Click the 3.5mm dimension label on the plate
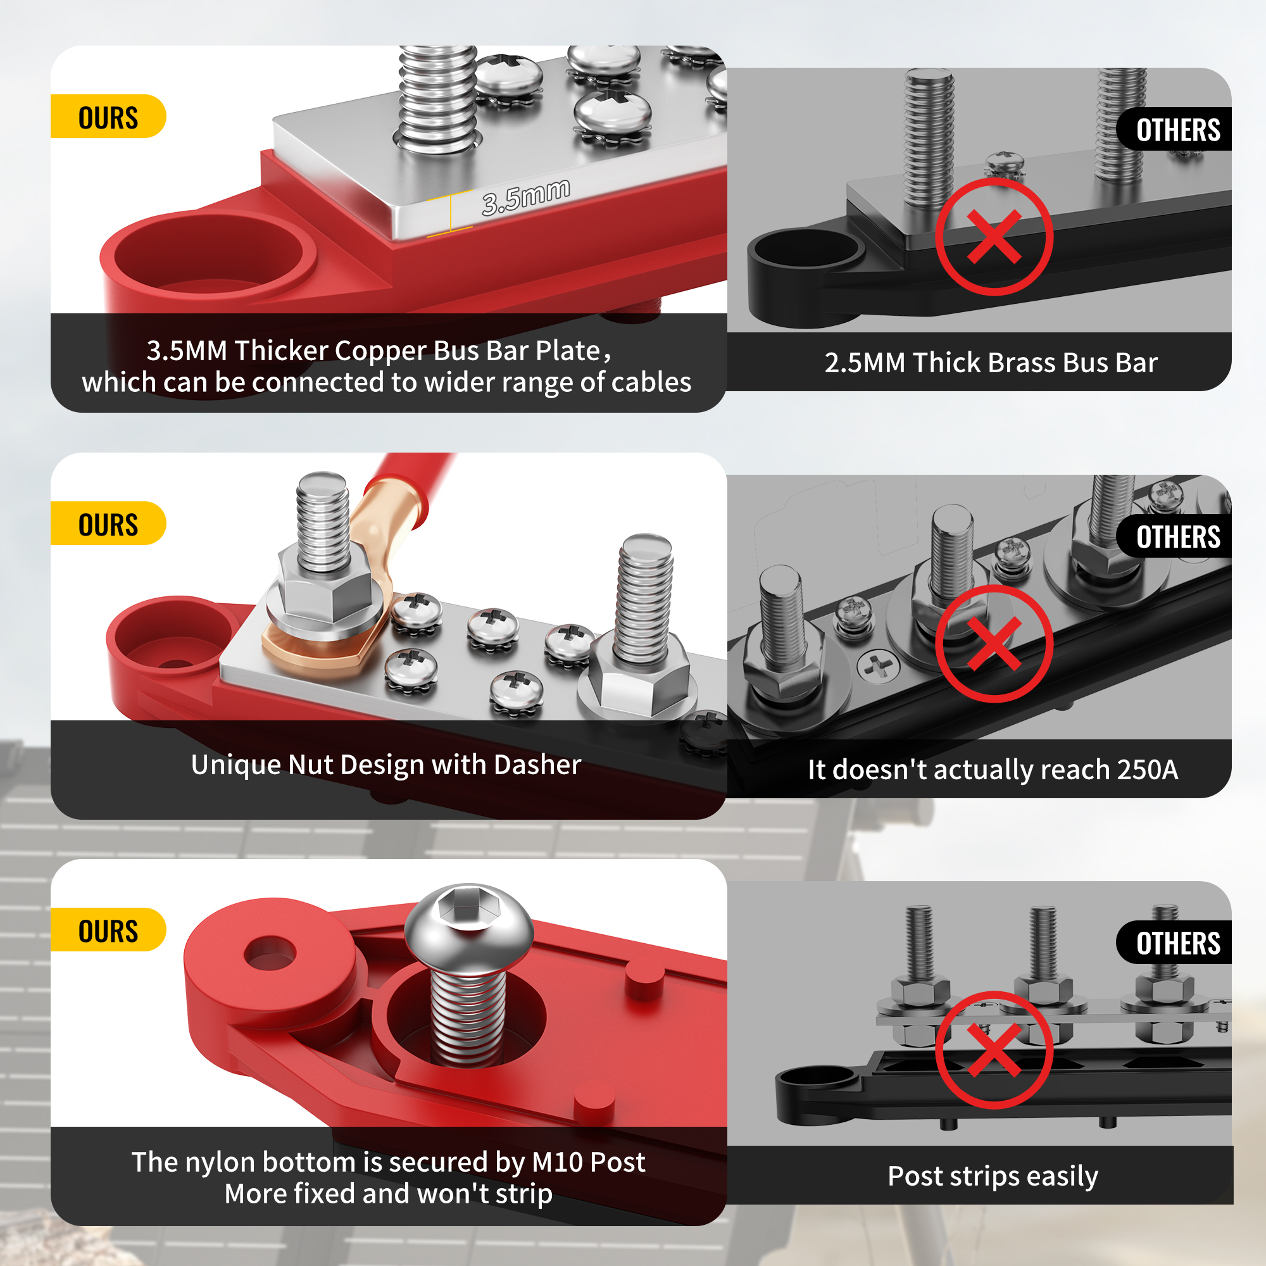(525, 197)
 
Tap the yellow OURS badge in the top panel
(108, 116)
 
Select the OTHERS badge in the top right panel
(1174, 129)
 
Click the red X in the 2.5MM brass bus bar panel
(994, 237)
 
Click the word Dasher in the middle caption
(537, 765)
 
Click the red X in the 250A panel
(994, 644)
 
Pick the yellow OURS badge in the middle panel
(108, 523)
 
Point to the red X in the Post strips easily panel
(994, 1050)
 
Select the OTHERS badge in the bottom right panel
(1174, 943)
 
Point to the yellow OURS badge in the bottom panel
(108, 930)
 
